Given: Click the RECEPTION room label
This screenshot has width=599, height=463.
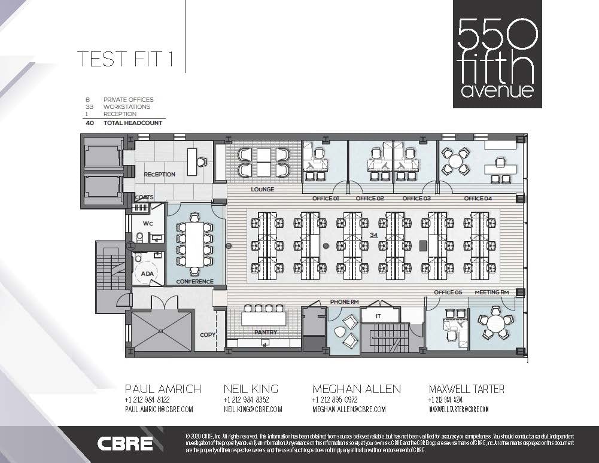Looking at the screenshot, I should pos(159,175).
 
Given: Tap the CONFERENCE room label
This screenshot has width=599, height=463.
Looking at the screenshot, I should pos(194,282).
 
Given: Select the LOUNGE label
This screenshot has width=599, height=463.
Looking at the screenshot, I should pos(262,190).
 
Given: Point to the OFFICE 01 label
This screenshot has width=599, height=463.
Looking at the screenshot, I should pos(326,199).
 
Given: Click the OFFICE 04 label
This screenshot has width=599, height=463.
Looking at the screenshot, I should pos(478,199).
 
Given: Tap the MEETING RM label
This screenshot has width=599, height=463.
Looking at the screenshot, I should pos(492,293).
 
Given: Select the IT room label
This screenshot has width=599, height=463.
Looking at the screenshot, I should pos(378,316).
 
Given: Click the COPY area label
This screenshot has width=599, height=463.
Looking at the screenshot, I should pos(208,335).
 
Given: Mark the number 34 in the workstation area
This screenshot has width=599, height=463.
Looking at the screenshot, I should pos(373,235).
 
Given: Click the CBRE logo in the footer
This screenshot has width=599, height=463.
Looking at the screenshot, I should pos(125,444).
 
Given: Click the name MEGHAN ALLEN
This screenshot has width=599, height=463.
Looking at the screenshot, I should pos(356,389).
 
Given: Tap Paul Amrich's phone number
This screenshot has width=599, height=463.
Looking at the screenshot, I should pos(147,400).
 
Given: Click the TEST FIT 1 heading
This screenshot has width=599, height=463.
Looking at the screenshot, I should pos(124,60).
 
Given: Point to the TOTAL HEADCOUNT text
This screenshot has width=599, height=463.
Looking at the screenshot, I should pos(133,123).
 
